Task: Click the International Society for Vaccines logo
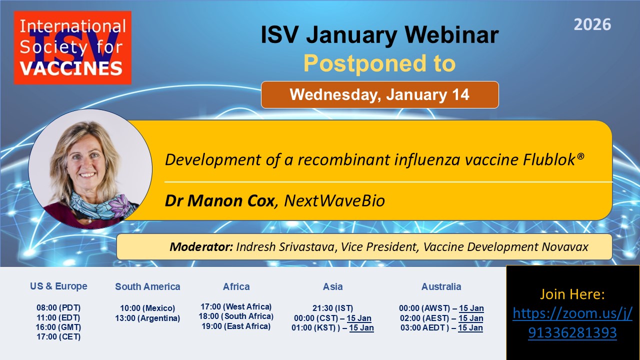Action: pyautogui.click(x=72, y=47)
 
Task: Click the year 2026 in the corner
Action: pyautogui.click(x=592, y=24)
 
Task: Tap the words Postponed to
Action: pyautogui.click(x=379, y=63)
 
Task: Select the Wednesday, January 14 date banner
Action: pyautogui.click(x=379, y=94)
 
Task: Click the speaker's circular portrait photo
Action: pyautogui.click(x=90, y=169)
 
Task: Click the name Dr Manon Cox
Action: pyautogui.click(x=219, y=200)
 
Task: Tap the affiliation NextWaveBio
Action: pyautogui.click(x=334, y=200)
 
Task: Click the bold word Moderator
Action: pyautogui.click(x=201, y=247)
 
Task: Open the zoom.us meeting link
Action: pyautogui.click(x=572, y=323)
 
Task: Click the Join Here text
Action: pyautogui.click(x=572, y=294)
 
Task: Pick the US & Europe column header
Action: pyautogui.click(x=58, y=286)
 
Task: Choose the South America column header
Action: pyautogui.click(x=147, y=286)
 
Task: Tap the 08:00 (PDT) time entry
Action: pyautogui.click(x=58, y=307)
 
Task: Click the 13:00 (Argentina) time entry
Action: pyautogui.click(x=147, y=318)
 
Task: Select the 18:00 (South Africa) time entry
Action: pyautogui.click(x=236, y=316)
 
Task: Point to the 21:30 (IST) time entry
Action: pyautogui.click(x=332, y=308)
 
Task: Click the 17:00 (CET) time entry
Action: pyautogui.click(x=58, y=337)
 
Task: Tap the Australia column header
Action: pyautogui.click(x=441, y=286)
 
